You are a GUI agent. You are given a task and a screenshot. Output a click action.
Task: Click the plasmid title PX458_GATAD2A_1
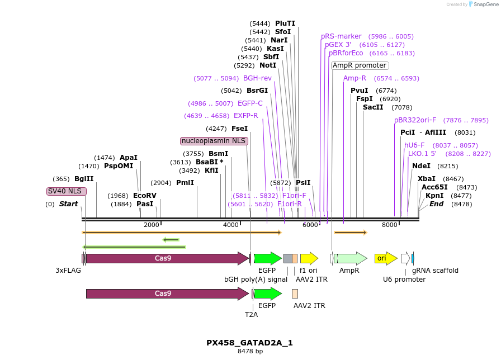tap(249, 343)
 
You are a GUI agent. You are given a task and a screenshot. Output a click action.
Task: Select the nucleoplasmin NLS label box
tap(214, 141)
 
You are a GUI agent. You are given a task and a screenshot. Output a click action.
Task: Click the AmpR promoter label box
tap(360, 65)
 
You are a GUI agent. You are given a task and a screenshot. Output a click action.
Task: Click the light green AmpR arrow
tap(351, 258)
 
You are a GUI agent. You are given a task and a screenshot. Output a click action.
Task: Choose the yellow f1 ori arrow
tap(309, 258)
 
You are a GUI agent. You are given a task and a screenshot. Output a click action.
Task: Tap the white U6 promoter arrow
tap(405, 258)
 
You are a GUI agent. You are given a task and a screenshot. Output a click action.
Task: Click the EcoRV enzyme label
tap(145, 196)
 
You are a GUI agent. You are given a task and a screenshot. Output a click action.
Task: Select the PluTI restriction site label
tap(285, 23)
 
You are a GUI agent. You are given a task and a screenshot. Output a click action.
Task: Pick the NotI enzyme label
tap(268, 65)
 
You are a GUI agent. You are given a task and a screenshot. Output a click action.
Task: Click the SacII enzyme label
tap(373, 107)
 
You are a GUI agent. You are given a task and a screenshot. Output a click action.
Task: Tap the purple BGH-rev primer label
tap(257, 78)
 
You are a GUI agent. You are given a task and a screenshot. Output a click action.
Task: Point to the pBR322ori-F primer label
tap(415, 120)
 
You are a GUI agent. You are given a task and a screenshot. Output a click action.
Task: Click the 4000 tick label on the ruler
tap(231, 225)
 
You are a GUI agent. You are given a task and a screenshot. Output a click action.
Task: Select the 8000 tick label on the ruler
tap(389, 225)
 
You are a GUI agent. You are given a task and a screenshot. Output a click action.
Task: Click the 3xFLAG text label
tap(68, 271)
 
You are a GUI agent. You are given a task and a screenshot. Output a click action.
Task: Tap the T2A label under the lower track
tap(252, 315)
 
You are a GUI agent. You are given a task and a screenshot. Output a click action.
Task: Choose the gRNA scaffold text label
tap(435, 271)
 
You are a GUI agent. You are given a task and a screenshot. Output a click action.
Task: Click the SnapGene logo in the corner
tap(482, 4)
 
